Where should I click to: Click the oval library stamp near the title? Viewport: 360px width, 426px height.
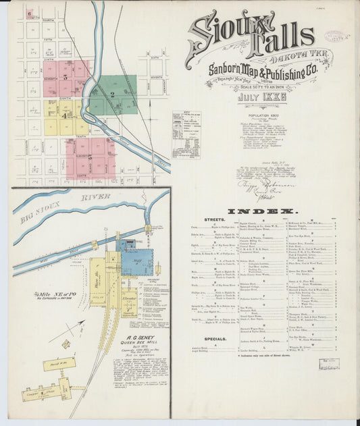334,36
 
